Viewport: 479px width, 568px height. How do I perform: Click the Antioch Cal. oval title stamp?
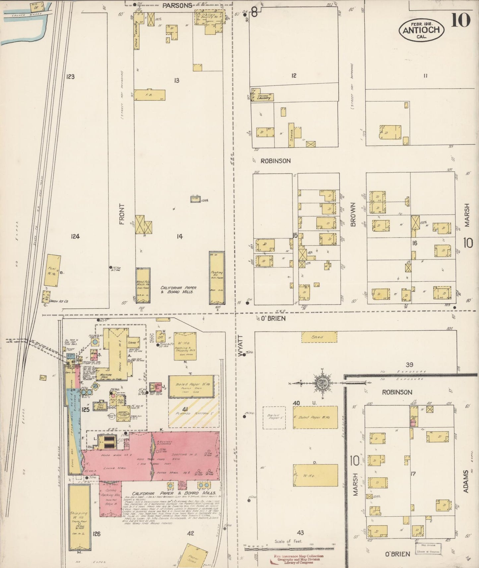[421, 30]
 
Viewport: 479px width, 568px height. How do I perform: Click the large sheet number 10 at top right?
[460, 21]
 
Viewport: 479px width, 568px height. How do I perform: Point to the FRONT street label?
[122, 214]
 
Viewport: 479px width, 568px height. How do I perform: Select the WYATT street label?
[241, 346]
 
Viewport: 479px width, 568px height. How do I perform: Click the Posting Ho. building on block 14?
[217, 278]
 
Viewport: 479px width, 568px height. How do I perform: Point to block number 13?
[177, 80]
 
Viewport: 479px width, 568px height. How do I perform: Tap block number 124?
[75, 236]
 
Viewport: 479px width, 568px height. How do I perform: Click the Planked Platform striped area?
[194, 413]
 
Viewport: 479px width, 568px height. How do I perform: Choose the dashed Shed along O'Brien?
[319, 337]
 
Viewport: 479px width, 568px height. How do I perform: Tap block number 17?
[413, 474]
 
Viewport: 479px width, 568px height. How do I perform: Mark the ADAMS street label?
[466, 481]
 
